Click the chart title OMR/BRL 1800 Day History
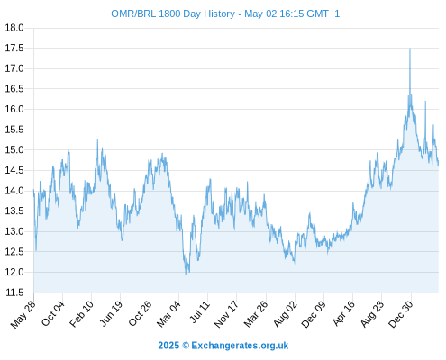point(173,13)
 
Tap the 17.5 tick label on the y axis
point(14,48)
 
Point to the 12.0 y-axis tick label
point(14,272)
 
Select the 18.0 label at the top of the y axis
point(14,28)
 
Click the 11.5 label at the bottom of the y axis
point(14,292)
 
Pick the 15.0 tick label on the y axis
point(14,149)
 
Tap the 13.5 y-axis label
point(14,211)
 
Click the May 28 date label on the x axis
point(23,314)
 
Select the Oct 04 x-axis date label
point(52,313)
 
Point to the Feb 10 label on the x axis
point(81,314)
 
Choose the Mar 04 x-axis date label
point(168,314)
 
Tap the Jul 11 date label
point(199,312)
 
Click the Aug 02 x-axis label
point(285,314)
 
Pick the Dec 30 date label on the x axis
point(401,314)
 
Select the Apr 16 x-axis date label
point(343,313)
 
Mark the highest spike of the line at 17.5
point(410,49)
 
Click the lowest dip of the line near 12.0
point(186,274)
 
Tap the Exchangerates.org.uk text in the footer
point(240,346)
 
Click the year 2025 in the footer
point(168,346)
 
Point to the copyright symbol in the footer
point(186,346)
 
